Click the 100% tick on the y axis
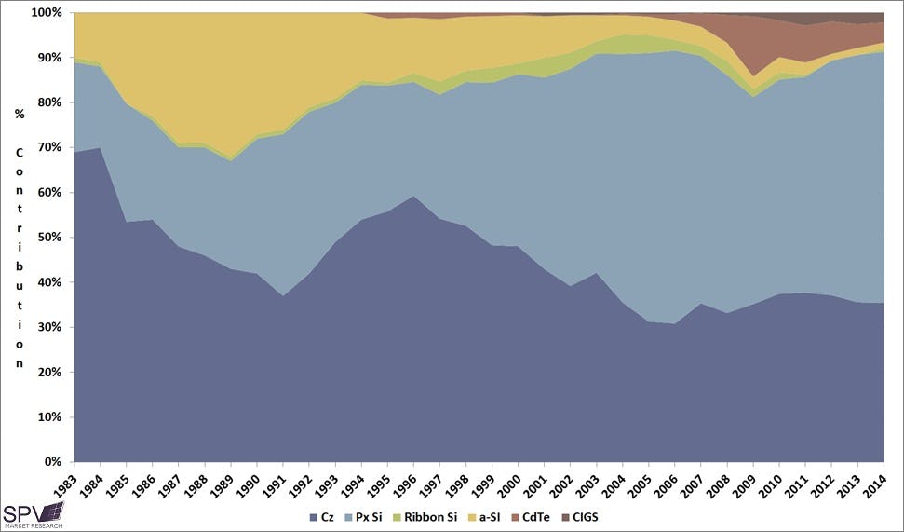tap(47, 13)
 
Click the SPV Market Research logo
tap(33, 514)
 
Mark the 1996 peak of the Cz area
tap(412, 197)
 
